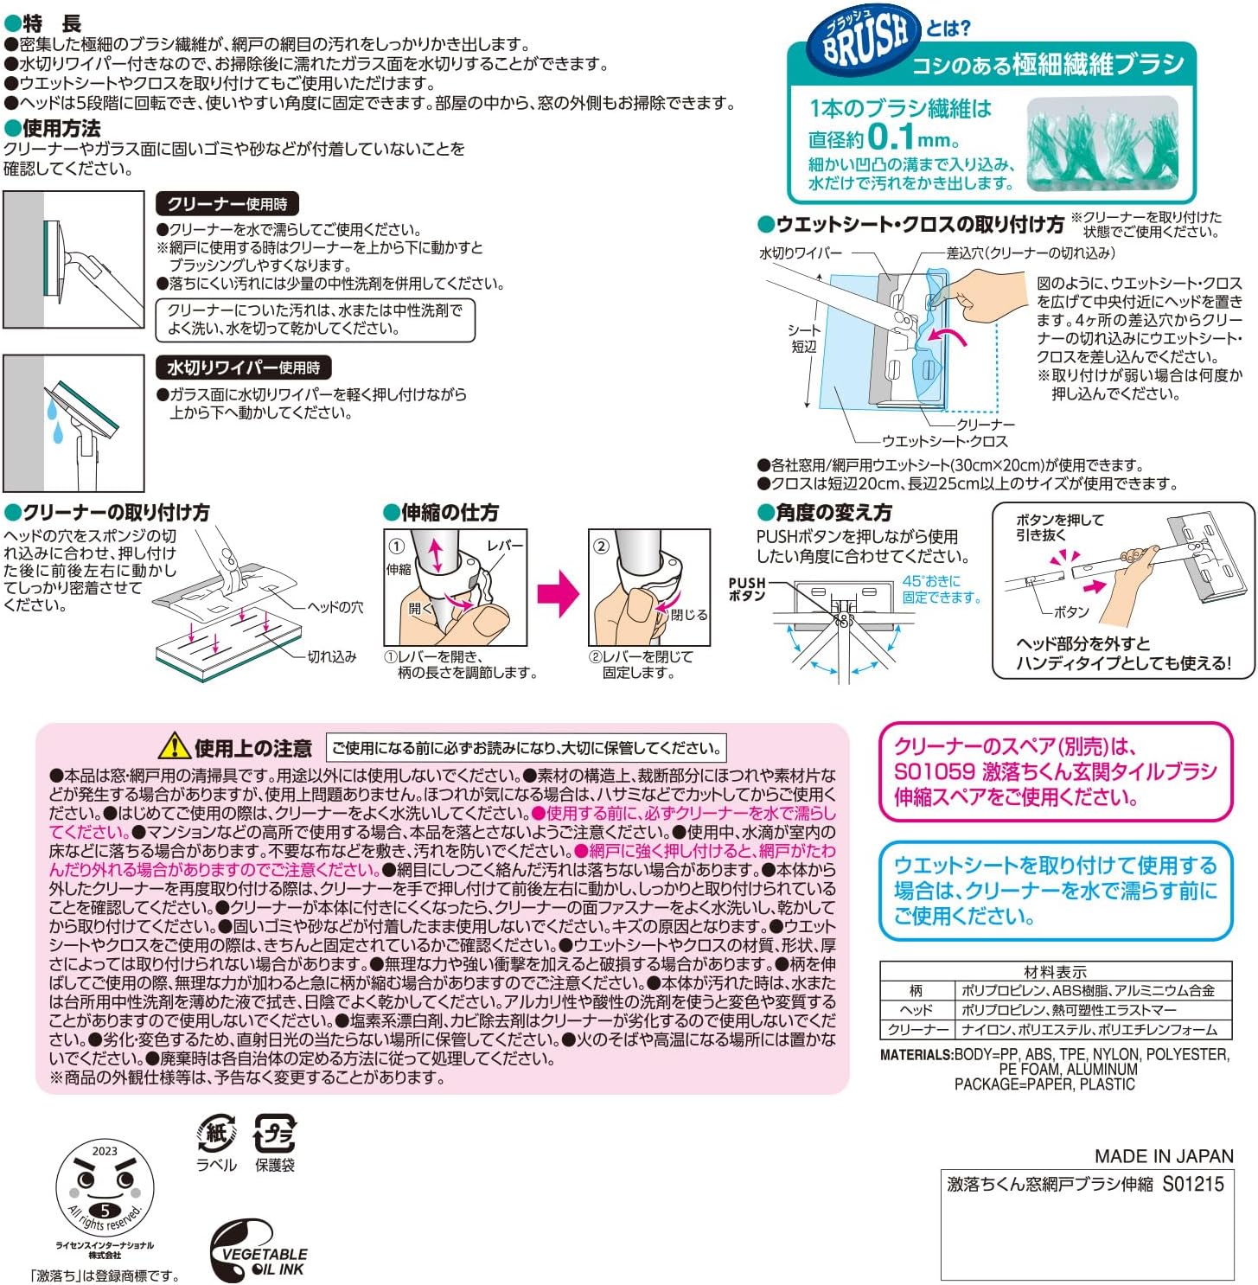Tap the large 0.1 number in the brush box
[x=891, y=137]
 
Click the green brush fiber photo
[x=1102, y=143]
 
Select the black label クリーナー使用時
[x=227, y=204]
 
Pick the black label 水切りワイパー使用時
[x=243, y=368]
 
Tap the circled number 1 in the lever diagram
[x=396, y=547]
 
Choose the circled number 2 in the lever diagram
[x=601, y=547]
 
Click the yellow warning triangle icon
[x=175, y=745]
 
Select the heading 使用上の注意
[x=252, y=748]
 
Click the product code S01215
[x=1193, y=1185]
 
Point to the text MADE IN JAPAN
[x=1164, y=1156]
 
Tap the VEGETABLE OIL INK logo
[x=257, y=1251]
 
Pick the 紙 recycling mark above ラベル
[x=216, y=1132]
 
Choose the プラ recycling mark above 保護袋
[x=275, y=1132]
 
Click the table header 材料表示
[x=1055, y=972]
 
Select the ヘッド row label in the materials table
[x=916, y=1010]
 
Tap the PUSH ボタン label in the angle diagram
[x=747, y=589]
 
